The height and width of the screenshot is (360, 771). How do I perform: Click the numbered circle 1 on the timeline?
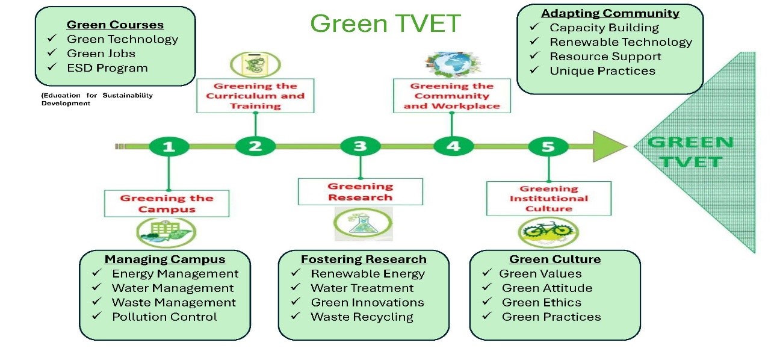click(169, 147)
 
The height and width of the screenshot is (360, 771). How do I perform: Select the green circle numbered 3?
click(361, 146)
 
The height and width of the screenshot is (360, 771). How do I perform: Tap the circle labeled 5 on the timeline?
click(548, 147)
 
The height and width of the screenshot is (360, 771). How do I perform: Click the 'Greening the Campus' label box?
click(167, 203)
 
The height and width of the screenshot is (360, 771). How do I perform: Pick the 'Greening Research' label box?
click(361, 191)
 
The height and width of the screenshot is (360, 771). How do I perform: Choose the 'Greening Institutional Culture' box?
click(549, 199)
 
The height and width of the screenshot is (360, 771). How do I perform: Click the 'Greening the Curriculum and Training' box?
click(255, 96)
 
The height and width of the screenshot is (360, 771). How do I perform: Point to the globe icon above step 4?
click(452, 64)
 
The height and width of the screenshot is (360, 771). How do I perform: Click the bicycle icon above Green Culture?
click(548, 232)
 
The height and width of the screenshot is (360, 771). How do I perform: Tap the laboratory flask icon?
click(363, 224)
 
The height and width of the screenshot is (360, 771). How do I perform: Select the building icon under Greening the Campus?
click(166, 232)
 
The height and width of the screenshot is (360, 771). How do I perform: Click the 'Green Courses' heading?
click(116, 25)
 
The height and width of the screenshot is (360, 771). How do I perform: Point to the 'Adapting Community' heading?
click(610, 13)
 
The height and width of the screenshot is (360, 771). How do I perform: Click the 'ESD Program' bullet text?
click(107, 68)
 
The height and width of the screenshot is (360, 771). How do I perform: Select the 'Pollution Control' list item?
click(164, 317)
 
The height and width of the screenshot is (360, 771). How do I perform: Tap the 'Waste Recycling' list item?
click(362, 317)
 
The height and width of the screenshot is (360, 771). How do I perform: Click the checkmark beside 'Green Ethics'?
click(487, 302)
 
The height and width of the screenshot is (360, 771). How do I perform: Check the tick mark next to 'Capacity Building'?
click(534, 26)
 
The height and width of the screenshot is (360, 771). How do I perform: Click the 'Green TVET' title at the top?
click(385, 23)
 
